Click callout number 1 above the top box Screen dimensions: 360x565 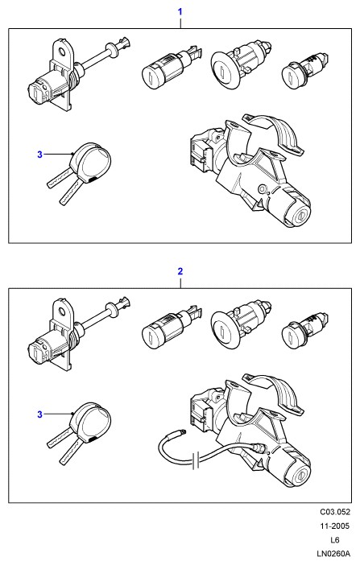[x=180, y=12]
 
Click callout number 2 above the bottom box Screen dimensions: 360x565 [x=180, y=271]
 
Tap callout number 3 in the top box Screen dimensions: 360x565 [x=39, y=155]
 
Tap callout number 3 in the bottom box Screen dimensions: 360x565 [x=39, y=414]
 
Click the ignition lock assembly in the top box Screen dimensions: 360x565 [x=249, y=169]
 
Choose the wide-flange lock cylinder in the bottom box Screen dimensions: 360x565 [x=241, y=324]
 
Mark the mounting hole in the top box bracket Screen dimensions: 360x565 [x=63, y=52]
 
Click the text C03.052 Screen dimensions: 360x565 [x=335, y=512]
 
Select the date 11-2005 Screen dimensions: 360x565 [x=335, y=526]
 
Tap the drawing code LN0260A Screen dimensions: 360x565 [x=333, y=554]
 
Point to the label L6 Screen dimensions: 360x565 [x=335, y=540]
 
